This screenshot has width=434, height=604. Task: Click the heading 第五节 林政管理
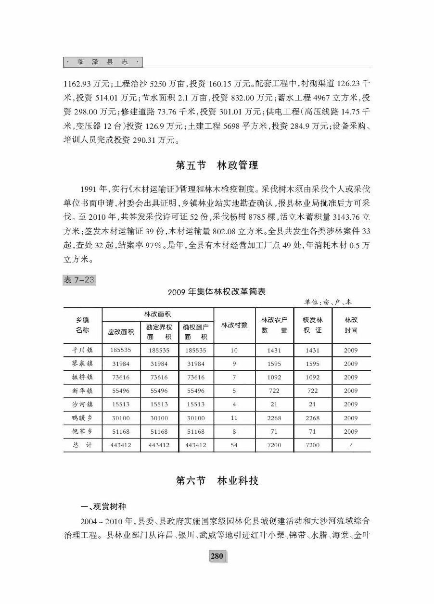(217, 165)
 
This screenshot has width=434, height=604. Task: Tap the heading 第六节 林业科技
(217, 480)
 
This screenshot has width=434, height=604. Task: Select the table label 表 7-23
(79, 280)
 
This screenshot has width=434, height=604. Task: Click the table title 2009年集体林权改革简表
(217, 291)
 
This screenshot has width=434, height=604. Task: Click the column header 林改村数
(234, 325)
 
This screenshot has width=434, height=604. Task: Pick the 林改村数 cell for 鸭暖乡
(234, 418)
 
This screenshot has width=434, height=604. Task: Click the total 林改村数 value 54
(234, 445)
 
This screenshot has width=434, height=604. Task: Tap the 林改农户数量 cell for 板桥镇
(274, 377)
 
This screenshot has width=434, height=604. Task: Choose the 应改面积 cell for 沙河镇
(121, 404)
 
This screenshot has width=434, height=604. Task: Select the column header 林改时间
(351, 325)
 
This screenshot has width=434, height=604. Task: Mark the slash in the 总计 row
(351, 445)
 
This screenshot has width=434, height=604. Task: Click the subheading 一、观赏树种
(103, 506)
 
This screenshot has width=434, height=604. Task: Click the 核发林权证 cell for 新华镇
(313, 391)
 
